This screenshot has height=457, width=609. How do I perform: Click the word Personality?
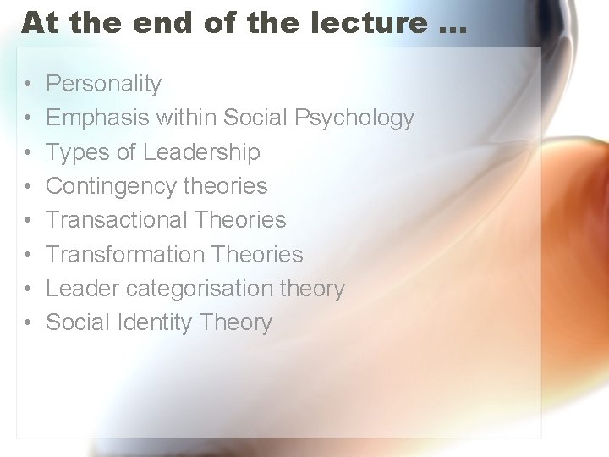click(103, 84)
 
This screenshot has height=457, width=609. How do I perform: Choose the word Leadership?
click(201, 152)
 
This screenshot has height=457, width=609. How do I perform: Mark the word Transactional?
click(116, 220)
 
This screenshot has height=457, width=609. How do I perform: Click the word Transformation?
click(123, 254)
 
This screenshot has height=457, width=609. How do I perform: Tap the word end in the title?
click(162, 23)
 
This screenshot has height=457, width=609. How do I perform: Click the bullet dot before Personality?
click(29, 85)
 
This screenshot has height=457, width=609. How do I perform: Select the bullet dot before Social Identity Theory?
click(29, 323)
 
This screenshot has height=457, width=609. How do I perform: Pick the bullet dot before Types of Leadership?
click(29, 153)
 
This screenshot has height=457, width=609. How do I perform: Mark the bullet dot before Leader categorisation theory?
click(29, 289)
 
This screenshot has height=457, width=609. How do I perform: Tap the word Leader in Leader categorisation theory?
click(83, 289)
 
